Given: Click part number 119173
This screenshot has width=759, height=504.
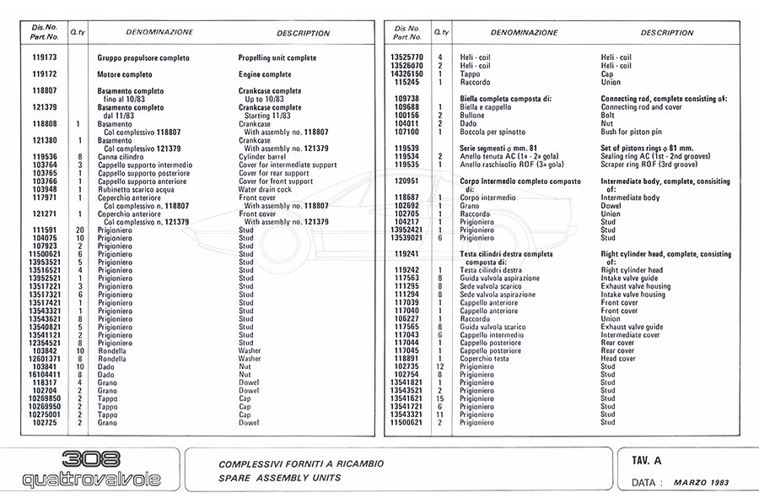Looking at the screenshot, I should [x=44, y=58].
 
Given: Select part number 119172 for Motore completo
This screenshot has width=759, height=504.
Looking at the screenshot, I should [x=44, y=74].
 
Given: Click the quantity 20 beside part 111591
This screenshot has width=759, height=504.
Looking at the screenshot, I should [x=79, y=230].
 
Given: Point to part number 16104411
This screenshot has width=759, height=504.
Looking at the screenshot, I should [x=44, y=374].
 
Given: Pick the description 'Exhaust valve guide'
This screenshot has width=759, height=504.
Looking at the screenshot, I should [x=632, y=327].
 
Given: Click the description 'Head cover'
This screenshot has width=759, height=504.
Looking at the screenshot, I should [x=618, y=359].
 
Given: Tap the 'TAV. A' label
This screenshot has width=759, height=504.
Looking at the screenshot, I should [x=647, y=461].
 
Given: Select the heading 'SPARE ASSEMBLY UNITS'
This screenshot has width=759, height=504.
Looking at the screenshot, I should [x=279, y=478].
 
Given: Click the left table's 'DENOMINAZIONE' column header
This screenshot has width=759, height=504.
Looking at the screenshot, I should [x=159, y=33].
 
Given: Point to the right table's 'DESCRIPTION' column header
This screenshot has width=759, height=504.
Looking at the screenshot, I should [x=667, y=33].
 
